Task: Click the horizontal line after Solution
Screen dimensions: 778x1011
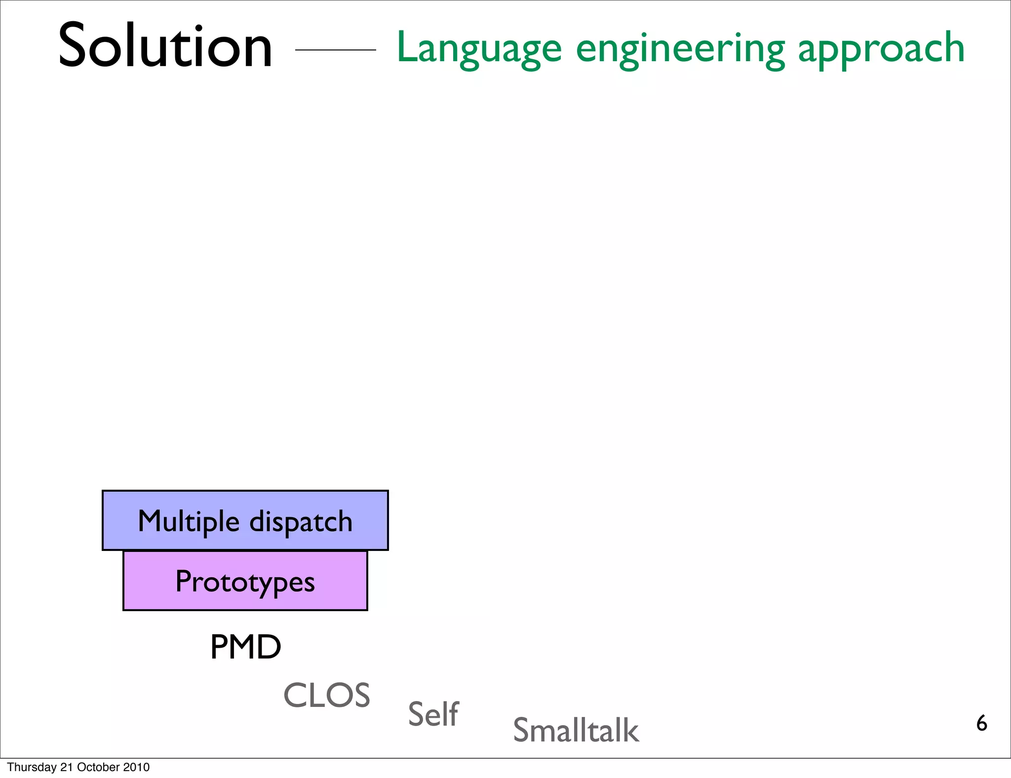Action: pyautogui.click(x=335, y=50)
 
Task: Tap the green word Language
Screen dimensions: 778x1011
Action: pyautogui.click(x=479, y=48)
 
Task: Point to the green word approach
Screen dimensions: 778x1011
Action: pyautogui.click(x=881, y=48)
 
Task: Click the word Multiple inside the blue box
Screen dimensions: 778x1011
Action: pyautogui.click(x=189, y=522)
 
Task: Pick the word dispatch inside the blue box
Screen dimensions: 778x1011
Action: pyautogui.click(x=301, y=522)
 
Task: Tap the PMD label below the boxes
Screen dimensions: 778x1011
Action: pyautogui.click(x=245, y=647)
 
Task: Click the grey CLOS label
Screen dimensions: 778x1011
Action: pyautogui.click(x=327, y=696)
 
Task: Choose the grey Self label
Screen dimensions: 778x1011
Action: pyautogui.click(x=433, y=714)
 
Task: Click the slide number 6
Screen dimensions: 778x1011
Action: pyautogui.click(x=981, y=724)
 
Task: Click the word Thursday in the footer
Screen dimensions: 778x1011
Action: pyautogui.click(x=32, y=767)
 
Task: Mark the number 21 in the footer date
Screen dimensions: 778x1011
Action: pyautogui.click(x=66, y=767)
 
